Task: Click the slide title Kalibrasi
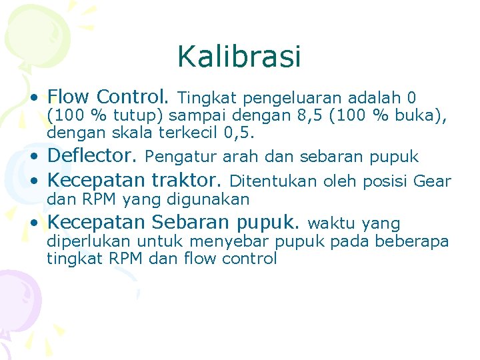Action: click(239, 57)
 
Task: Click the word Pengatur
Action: click(174, 157)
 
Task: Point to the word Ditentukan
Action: click(273, 181)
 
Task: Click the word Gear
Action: click(433, 181)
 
